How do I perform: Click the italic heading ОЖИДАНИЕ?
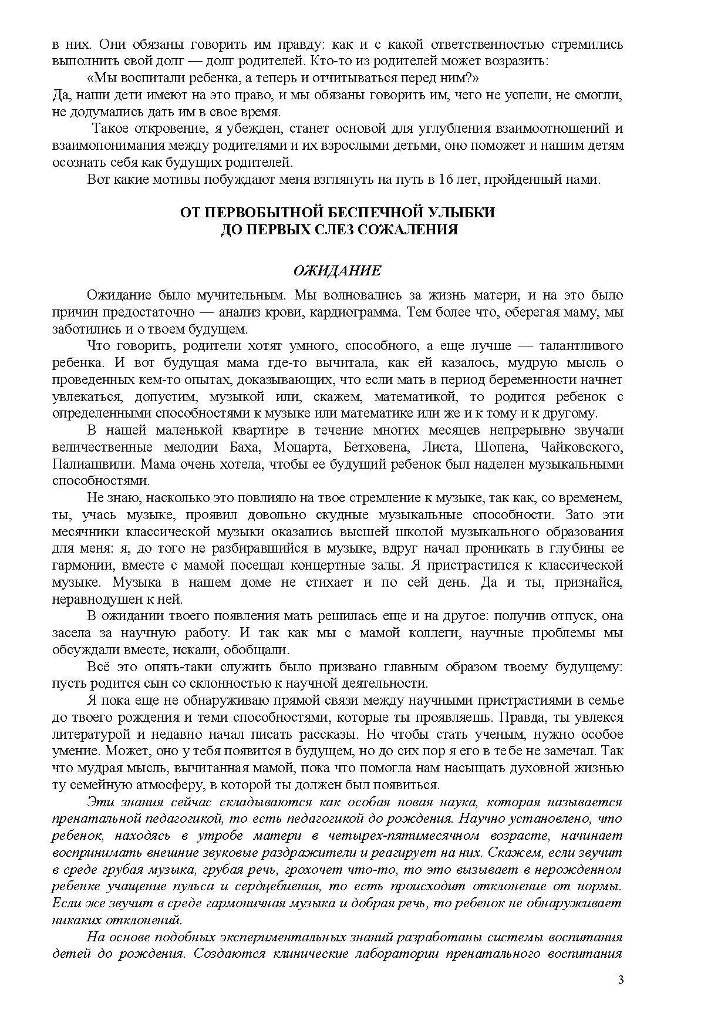[x=337, y=271]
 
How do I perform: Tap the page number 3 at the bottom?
[x=621, y=979]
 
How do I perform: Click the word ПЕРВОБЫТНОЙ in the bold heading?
[x=262, y=213]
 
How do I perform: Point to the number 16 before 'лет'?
[x=444, y=180]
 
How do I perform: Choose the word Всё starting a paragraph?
[x=97, y=667]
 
